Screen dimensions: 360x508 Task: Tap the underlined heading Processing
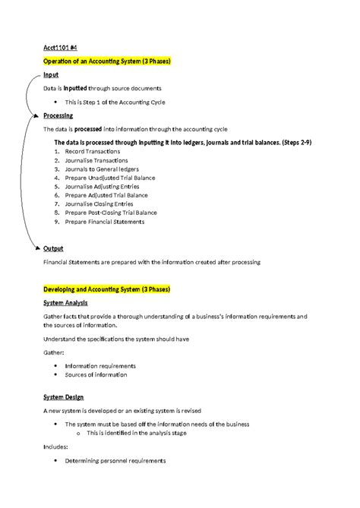click(x=58, y=115)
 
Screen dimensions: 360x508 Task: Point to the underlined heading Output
click(x=53, y=248)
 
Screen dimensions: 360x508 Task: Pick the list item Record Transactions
click(x=93, y=151)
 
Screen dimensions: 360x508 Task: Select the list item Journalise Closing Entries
click(x=99, y=204)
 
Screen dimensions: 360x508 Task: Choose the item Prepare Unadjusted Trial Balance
click(x=111, y=177)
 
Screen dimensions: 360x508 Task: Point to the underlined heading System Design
click(x=63, y=397)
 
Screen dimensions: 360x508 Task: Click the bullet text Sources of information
click(x=96, y=374)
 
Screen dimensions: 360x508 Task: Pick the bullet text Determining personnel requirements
click(x=115, y=461)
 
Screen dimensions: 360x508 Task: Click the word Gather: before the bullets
click(x=54, y=352)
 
